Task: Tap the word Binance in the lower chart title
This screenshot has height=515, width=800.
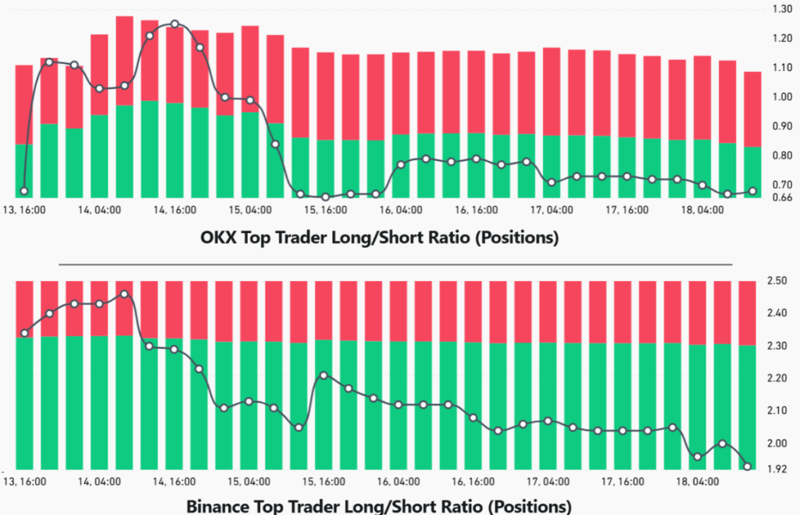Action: point(220,506)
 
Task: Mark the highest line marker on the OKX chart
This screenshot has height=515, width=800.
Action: point(175,24)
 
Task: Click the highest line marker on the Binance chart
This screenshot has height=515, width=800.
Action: point(124,294)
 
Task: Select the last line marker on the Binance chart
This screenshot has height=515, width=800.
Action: point(748,467)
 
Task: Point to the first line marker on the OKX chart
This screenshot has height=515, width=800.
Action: point(24,191)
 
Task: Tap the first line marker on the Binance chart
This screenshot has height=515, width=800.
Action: point(24,333)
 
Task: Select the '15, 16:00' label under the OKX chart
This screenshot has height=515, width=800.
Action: point(324,211)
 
